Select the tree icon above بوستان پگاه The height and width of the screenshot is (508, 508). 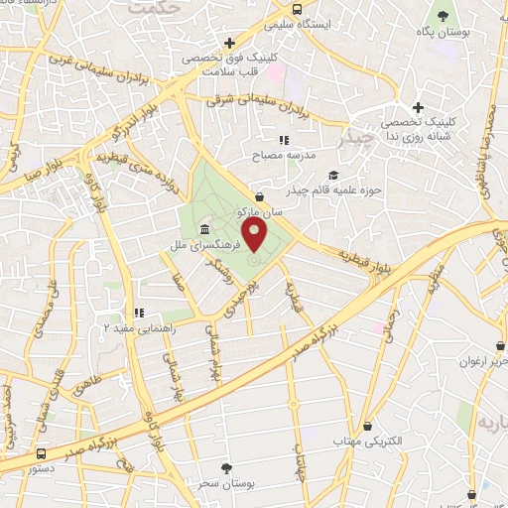pos(443,17)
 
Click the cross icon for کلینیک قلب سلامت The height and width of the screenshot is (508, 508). pos(230,43)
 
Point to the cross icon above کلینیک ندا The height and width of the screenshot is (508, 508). pos(418,107)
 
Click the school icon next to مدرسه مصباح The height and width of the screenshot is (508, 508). pos(283,141)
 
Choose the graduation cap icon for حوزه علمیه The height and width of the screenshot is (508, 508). pos(260,196)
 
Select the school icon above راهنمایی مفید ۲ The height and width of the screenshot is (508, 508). pos(140,314)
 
